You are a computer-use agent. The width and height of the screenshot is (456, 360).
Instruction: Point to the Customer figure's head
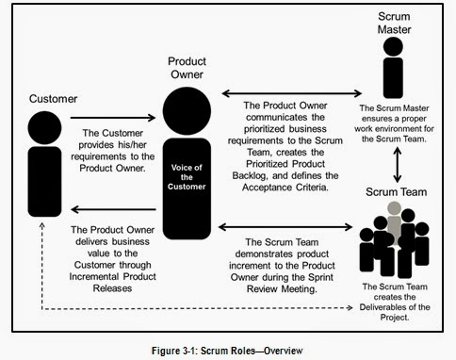40,123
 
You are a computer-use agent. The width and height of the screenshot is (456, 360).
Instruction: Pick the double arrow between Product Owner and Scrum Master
293,91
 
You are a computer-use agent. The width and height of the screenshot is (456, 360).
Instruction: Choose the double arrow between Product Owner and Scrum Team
293,226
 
